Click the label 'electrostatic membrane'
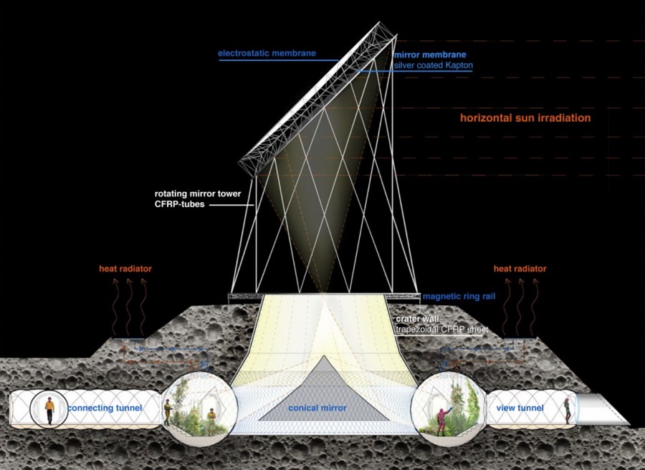(x=267, y=54)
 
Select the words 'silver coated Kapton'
(x=434, y=65)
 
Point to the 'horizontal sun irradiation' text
(x=525, y=118)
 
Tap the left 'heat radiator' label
(x=125, y=269)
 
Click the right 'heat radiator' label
(x=520, y=269)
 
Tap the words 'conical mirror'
(x=317, y=408)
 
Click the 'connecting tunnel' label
(x=105, y=408)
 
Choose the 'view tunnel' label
(x=520, y=408)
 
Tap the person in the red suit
(x=442, y=416)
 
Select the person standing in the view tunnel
(x=568, y=410)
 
